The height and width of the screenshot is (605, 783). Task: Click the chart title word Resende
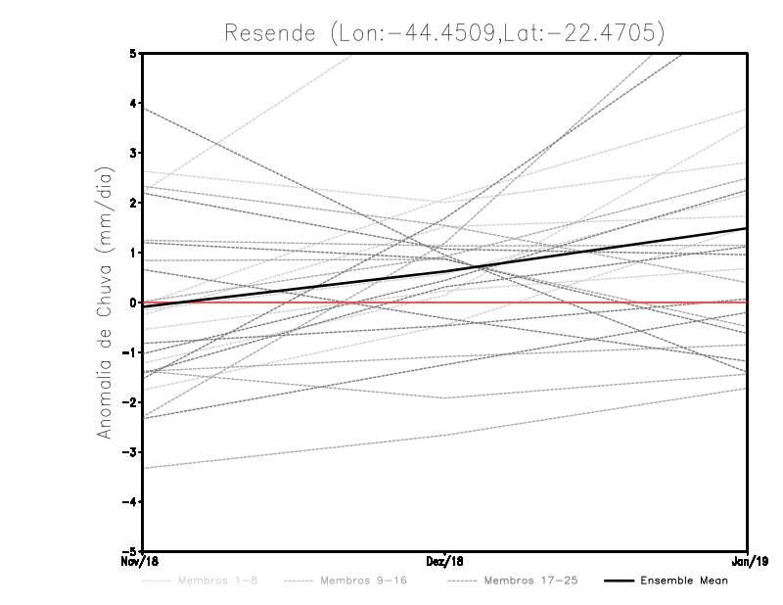pyautogui.click(x=268, y=32)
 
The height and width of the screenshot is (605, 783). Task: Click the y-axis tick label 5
pyautogui.click(x=132, y=53)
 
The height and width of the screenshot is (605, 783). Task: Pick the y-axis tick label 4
pyautogui.click(x=132, y=103)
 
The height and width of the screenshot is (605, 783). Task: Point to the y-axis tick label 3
pyautogui.click(x=132, y=153)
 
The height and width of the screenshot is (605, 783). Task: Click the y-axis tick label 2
pyautogui.click(x=132, y=203)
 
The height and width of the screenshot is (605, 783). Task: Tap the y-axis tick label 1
pyautogui.click(x=132, y=253)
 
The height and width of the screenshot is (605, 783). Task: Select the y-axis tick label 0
pyautogui.click(x=132, y=302)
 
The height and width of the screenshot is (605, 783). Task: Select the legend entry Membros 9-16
pyautogui.click(x=362, y=581)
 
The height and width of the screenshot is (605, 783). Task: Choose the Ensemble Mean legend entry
pyautogui.click(x=683, y=581)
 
